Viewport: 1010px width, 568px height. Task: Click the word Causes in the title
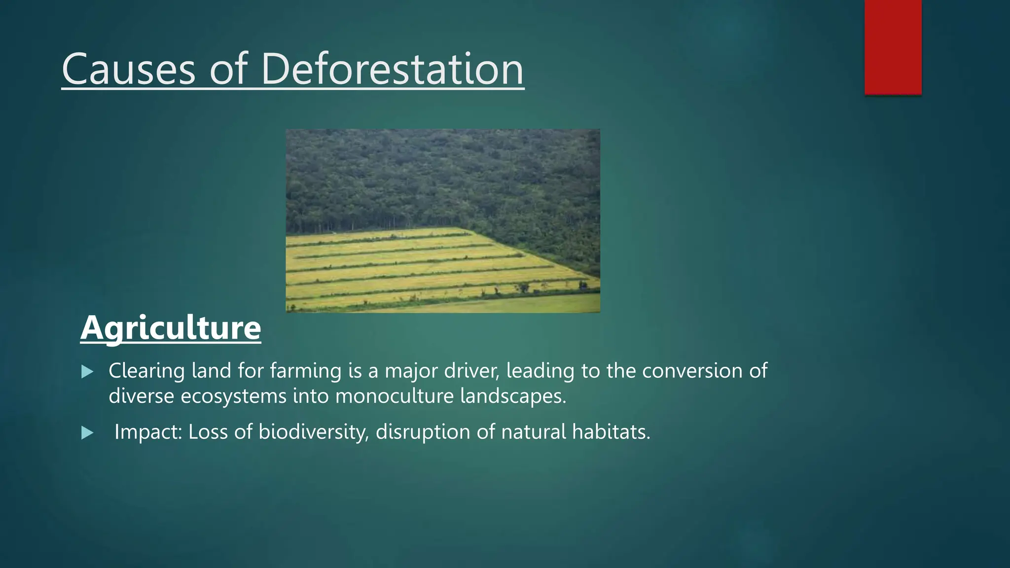click(129, 70)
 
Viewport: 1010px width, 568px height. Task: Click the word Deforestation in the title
click(392, 70)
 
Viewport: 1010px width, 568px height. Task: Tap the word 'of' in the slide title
click(228, 70)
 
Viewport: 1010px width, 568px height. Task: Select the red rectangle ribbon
click(893, 47)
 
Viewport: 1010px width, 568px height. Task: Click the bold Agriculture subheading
click(171, 328)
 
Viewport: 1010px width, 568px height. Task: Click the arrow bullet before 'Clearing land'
click(87, 372)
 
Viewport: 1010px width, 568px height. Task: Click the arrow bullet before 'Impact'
click(87, 433)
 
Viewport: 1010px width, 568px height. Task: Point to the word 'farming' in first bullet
click(306, 371)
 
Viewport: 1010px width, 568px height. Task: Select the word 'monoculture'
click(395, 396)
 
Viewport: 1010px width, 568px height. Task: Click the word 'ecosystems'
click(234, 396)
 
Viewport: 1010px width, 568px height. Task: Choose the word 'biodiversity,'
click(314, 432)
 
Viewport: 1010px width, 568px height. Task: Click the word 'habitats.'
click(611, 432)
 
